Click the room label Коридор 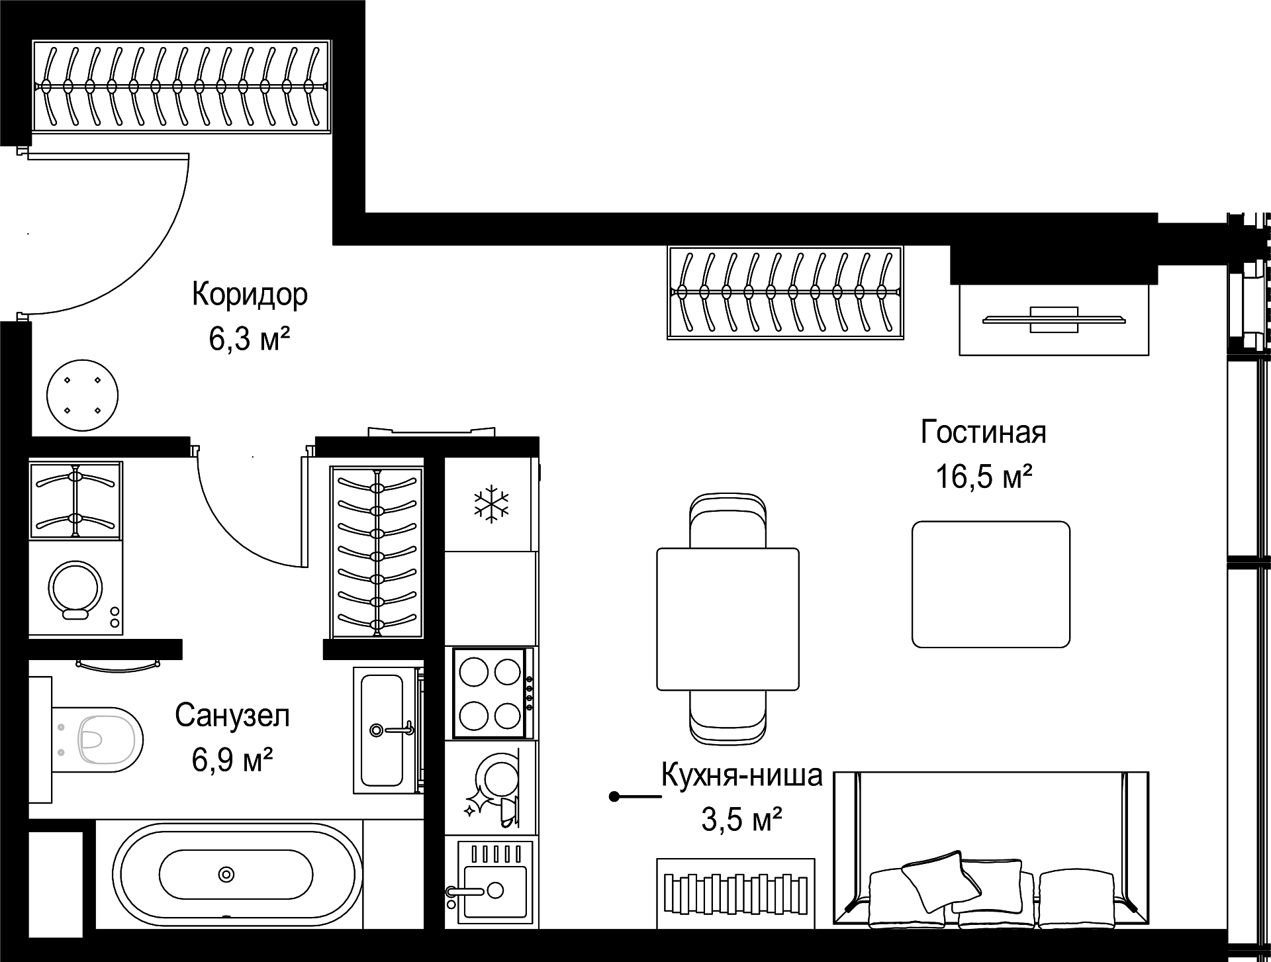coord(250,295)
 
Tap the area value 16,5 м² coord(984,476)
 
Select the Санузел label coord(232,716)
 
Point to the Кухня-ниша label coord(741,775)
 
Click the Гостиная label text coord(984,432)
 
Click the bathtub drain coord(227,874)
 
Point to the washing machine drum coord(75,589)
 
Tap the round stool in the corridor coord(83,395)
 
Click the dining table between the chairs coord(728,618)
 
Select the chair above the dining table coord(728,520)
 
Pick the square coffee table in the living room coord(991,584)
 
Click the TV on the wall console coord(1054,319)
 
